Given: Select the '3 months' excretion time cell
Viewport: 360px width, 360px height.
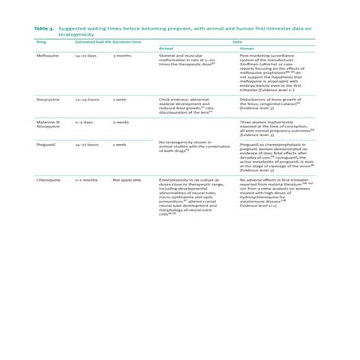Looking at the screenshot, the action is click(122, 57).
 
